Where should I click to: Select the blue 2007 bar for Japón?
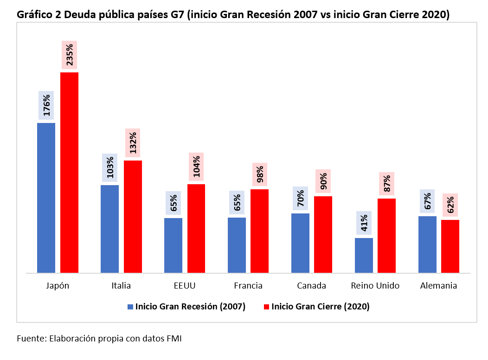tap(46, 198)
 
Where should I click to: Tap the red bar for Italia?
tap(133, 217)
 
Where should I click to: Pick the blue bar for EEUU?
tap(173, 245)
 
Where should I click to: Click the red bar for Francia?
tap(259, 231)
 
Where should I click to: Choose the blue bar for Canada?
tap(300, 243)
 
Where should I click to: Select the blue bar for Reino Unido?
tap(364, 255)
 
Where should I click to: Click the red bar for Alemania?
tap(450, 246)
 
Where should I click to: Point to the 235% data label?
tap(69, 56)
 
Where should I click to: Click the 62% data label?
tap(450, 205)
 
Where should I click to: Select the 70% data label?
tap(300, 198)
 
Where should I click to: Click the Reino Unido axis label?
tap(375, 285)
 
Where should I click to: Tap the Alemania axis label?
tap(438, 285)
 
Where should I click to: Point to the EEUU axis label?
tap(184, 285)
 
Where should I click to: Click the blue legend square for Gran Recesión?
tap(130, 307)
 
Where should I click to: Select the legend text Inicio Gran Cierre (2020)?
tap(320, 307)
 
